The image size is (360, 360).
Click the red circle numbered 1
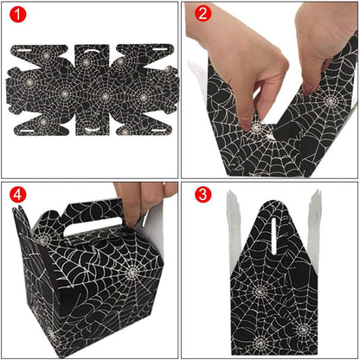(x=18, y=14)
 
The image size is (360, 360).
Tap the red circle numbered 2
(x=203, y=13)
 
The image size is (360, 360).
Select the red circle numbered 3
(x=203, y=195)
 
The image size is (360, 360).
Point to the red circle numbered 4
(x=18, y=195)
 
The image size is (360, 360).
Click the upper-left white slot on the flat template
(x=24, y=50)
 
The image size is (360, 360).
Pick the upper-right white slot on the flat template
(x=160, y=49)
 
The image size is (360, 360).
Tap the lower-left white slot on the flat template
(x=27, y=131)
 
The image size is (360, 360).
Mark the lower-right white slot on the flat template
(x=159, y=131)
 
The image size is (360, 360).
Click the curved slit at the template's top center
(x=93, y=50)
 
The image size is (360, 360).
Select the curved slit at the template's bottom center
(x=93, y=129)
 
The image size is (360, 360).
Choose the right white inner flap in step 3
(x=314, y=228)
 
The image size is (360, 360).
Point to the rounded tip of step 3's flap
(x=273, y=202)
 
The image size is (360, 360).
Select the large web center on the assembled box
(x=132, y=271)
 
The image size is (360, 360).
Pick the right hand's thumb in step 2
(x=309, y=84)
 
